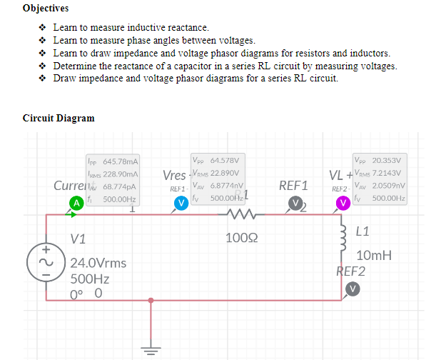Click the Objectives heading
coord(46,9)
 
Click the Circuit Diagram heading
coord(59,118)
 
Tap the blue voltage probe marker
coord(182,203)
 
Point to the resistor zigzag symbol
coord(236,214)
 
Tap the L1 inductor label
coord(362,231)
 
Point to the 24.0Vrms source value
coord(98,263)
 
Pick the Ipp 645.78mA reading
coord(112,163)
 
